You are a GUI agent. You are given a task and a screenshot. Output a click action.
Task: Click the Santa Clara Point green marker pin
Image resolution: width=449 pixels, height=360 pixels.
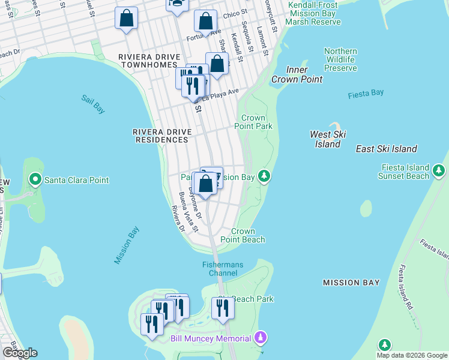tap(35, 179)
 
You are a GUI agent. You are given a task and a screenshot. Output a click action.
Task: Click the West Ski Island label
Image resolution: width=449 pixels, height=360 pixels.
tap(328, 139)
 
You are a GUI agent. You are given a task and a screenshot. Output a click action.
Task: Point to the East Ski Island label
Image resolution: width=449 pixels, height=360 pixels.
tap(386, 149)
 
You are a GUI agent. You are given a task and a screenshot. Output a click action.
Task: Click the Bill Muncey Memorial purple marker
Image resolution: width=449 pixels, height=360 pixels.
tap(260, 338)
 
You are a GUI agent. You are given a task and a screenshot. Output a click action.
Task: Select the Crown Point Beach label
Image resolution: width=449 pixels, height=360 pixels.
tap(248, 235)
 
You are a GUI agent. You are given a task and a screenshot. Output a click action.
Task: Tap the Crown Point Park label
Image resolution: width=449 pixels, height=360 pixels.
tap(257, 122)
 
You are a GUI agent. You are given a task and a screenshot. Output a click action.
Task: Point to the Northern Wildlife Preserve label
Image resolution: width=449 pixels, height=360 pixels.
tap(340, 60)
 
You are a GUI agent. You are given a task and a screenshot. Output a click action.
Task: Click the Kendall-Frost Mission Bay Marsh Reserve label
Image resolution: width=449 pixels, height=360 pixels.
tap(314, 13)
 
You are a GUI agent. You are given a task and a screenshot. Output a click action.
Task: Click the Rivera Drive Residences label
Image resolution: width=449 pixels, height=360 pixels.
tap(160, 136)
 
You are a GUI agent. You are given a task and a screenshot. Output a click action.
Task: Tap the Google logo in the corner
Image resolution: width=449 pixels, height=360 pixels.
tap(20, 353)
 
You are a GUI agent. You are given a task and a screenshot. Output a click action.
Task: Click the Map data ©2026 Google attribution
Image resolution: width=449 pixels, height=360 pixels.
tap(412, 355)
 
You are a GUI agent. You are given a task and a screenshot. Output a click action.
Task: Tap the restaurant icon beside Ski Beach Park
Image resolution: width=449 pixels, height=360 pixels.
tap(222, 308)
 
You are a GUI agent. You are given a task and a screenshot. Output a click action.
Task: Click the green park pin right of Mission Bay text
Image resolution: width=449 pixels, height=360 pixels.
tap(263, 176)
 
